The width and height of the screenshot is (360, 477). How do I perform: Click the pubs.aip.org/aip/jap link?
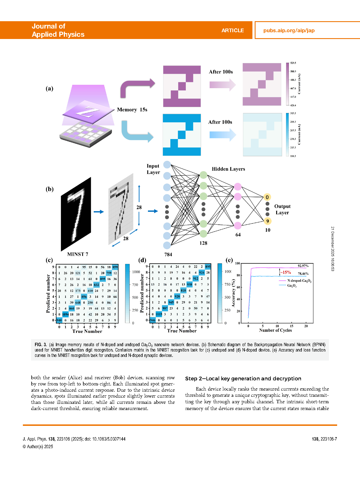click(289, 31)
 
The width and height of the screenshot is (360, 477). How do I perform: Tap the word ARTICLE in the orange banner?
click(232, 31)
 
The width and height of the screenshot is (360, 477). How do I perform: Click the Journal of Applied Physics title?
click(58, 30)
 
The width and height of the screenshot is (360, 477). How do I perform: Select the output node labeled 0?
click(267, 197)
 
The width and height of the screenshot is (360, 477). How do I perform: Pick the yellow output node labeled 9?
click(267, 221)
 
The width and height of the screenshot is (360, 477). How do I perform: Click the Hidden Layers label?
click(228, 169)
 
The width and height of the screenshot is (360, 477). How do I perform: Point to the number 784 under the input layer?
click(168, 255)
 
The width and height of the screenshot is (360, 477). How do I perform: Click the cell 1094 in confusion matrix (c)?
click(66, 314)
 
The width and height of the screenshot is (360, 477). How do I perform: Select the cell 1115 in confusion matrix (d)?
click(159, 314)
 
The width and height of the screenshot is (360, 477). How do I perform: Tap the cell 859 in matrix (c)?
click(115, 267)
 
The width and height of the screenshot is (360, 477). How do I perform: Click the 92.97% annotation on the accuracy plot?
click(303, 266)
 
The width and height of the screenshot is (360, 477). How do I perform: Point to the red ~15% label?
click(285, 272)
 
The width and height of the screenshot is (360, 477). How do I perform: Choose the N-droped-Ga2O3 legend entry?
click(299, 281)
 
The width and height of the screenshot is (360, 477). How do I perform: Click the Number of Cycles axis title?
click(275, 330)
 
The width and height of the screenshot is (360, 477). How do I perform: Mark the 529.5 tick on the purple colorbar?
click(293, 63)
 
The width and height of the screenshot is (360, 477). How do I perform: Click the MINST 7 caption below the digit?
click(78, 254)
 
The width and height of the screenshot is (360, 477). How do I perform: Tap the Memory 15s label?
click(132, 110)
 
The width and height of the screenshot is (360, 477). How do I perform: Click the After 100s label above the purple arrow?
click(221, 72)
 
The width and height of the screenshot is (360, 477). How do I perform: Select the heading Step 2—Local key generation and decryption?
click(243, 379)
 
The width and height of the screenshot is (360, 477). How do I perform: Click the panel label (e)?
click(229, 260)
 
